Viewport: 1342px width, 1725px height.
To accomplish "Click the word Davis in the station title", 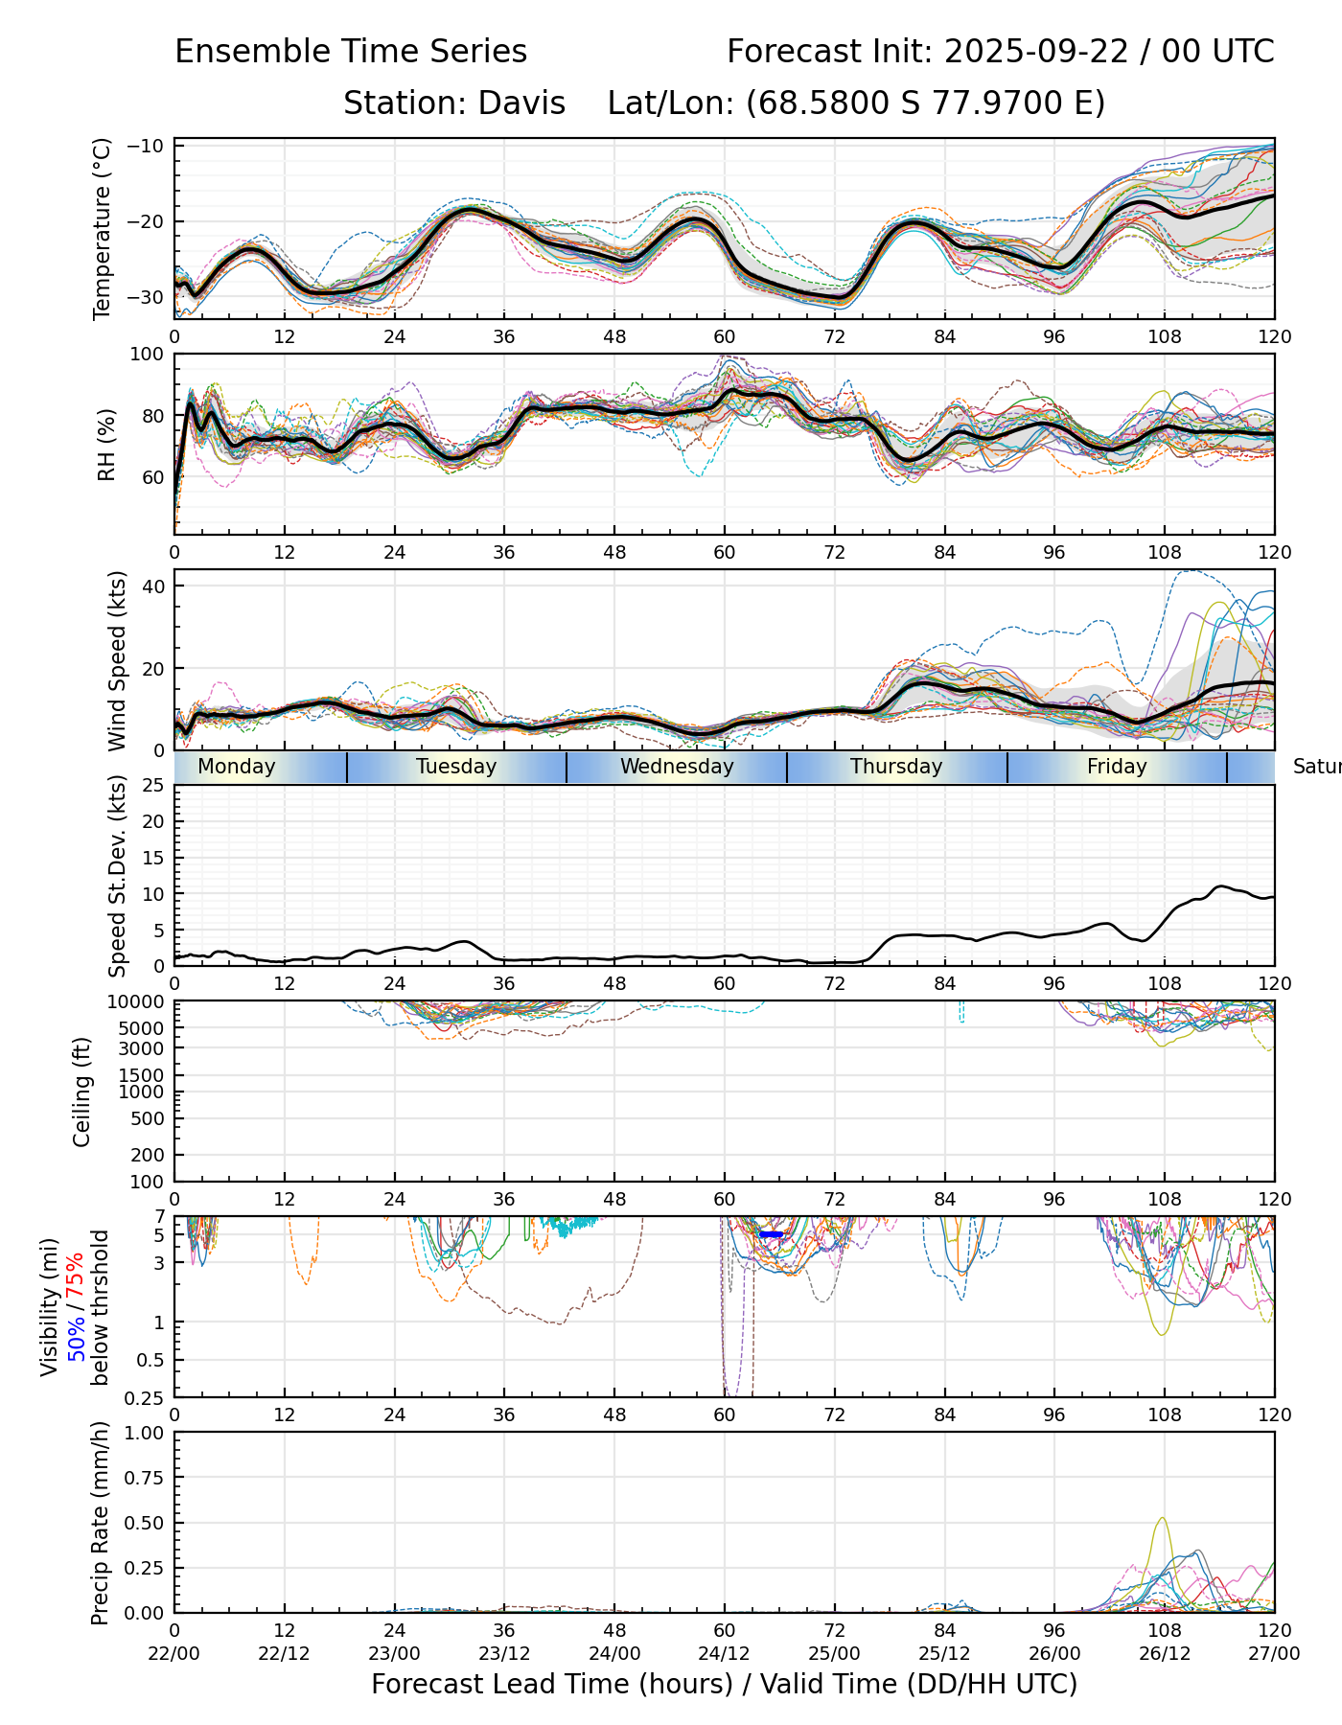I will pyautogui.click(x=521, y=103).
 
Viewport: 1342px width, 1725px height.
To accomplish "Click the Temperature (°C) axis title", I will pyautogui.click(x=103, y=228).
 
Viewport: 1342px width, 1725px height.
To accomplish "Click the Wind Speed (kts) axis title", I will pyautogui.click(x=117, y=660).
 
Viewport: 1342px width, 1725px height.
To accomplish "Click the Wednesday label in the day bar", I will pyautogui.click(x=677, y=767).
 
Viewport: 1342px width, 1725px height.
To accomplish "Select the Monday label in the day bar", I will pyautogui.click(x=236, y=767).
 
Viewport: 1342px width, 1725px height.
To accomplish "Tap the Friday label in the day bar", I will pyautogui.click(x=1117, y=767).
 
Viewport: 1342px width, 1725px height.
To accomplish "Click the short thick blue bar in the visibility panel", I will pyautogui.click(x=772, y=1234).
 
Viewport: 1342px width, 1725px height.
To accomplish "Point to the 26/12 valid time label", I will pyautogui.click(x=1165, y=1654).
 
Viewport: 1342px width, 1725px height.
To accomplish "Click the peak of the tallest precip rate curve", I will pyautogui.click(x=1163, y=1518).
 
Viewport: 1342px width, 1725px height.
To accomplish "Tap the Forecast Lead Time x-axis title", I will pyautogui.click(x=724, y=1684).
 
